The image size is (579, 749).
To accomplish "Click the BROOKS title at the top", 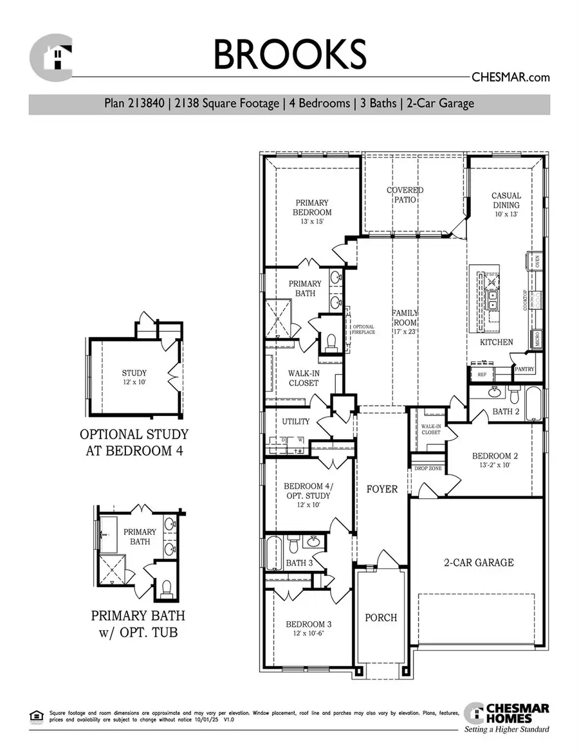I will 289,54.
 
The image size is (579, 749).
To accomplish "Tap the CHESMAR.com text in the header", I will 511,77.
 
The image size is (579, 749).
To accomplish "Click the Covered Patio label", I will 405,195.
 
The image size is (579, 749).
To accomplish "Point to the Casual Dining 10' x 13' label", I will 506,204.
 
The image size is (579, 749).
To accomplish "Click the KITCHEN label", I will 496,342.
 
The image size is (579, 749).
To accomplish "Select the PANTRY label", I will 524,369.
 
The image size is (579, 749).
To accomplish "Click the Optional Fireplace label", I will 363,329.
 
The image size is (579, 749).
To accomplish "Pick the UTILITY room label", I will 296,422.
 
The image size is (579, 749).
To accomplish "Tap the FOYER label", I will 382,489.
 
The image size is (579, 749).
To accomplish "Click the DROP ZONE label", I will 428,469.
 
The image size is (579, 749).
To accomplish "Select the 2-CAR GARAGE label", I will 479,563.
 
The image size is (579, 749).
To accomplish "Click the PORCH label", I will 381,618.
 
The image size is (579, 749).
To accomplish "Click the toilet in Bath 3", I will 293,545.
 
